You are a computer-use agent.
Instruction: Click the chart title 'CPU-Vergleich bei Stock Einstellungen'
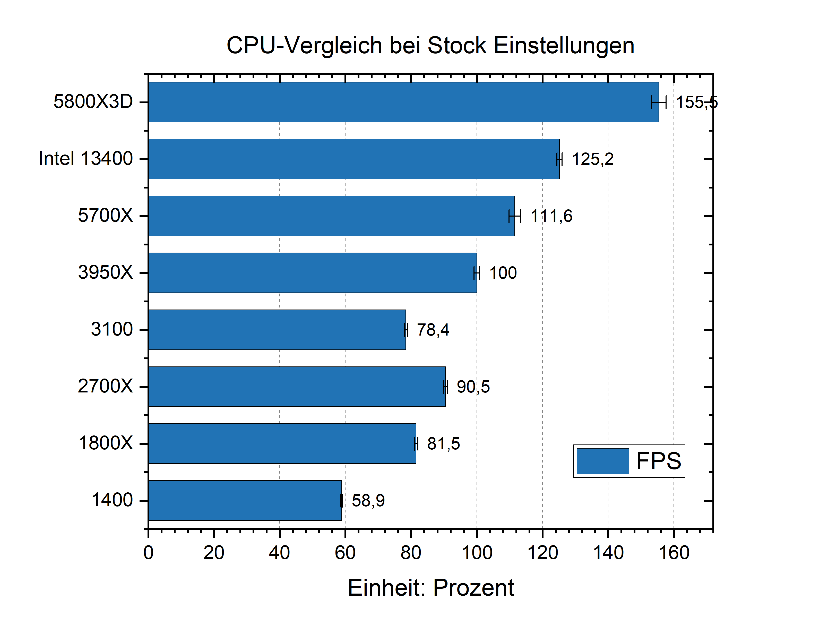(430, 46)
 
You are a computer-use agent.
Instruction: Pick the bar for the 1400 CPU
(245, 500)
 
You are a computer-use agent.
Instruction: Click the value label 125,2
(593, 159)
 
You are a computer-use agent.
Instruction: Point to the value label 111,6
(551, 216)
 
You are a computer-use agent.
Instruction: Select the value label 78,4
(433, 330)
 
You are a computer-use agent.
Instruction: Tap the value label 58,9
(368, 500)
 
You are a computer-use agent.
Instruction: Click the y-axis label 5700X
(105, 216)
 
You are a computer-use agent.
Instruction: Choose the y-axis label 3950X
(105, 272)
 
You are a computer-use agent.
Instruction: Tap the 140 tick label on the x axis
(608, 553)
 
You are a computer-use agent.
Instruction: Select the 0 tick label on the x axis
(149, 553)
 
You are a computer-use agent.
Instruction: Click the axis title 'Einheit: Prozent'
(430, 588)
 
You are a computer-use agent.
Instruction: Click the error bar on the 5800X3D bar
(659, 102)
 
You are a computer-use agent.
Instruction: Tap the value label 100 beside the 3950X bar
(503, 273)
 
